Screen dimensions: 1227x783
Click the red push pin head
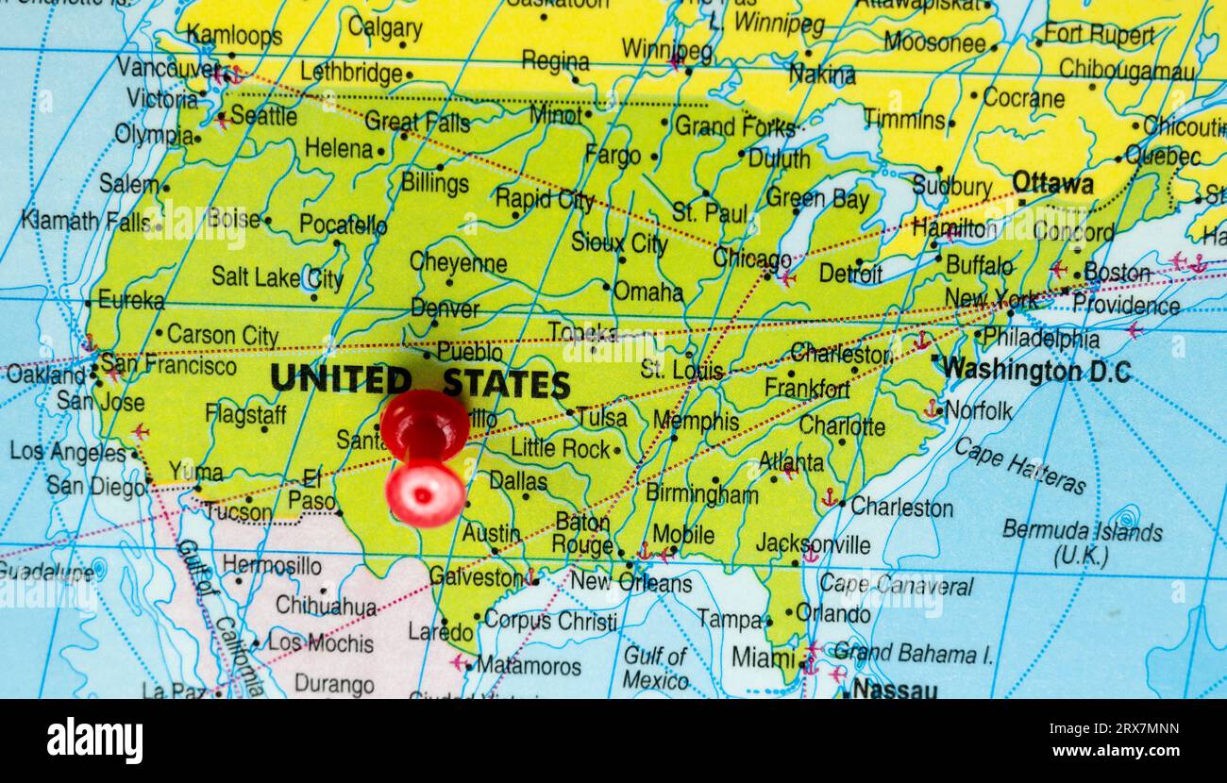point(424,425)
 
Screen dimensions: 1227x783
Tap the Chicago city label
point(751,258)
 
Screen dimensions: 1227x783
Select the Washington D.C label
point(1036,370)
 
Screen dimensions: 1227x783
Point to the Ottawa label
point(1052,183)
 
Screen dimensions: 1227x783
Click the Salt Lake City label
point(277,277)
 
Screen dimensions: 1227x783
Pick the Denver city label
point(445,308)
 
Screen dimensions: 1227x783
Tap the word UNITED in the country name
point(340,380)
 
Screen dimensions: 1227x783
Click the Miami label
point(763,656)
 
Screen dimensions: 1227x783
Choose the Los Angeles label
point(67,452)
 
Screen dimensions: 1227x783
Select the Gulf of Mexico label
point(655,667)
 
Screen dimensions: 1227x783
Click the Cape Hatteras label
point(1019,465)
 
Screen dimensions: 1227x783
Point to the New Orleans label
point(630,582)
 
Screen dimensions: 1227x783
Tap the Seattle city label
point(263,116)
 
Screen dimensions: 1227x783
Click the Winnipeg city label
point(666,49)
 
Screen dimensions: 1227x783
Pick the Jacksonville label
point(813,544)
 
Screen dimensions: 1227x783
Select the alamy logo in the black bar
point(94,740)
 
